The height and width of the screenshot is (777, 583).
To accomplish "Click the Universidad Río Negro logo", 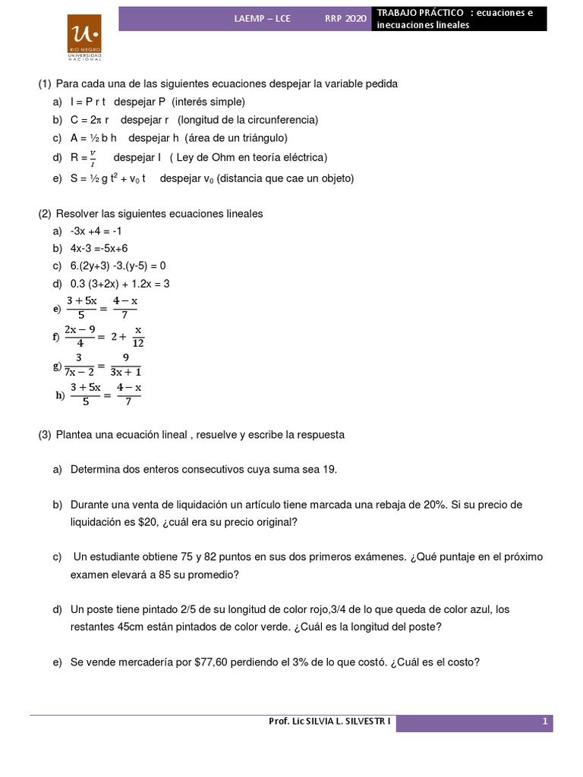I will [85, 36].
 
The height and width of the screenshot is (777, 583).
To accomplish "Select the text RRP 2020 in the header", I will [345, 18].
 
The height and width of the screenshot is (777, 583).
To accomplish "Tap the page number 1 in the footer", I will [545, 722].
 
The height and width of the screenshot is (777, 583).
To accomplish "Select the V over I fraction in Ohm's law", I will [93, 159].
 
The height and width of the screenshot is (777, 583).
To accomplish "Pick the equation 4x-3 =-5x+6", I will [99, 248].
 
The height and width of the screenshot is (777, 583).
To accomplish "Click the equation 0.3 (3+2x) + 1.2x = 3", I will [120, 284].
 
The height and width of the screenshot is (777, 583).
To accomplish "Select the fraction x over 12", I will [138, 336].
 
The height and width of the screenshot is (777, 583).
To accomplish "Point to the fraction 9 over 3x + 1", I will [125, 364].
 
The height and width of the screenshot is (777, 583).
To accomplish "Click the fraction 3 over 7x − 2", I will [79, 364].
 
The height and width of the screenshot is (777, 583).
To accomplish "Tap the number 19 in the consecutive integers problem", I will [329, 470].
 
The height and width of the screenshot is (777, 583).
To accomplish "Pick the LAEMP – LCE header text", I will [262, 18].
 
